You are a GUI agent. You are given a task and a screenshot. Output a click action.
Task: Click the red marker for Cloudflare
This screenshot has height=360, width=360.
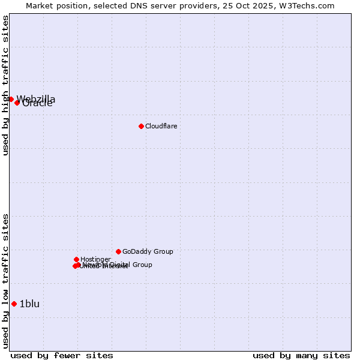141,126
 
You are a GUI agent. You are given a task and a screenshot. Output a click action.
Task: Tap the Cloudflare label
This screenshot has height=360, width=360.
161,126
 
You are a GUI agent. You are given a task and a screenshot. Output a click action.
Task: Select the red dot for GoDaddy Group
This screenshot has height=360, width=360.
118,251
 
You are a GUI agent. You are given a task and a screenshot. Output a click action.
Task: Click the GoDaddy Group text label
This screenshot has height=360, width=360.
148,251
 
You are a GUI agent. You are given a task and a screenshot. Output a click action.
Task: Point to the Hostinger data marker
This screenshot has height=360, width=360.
76,259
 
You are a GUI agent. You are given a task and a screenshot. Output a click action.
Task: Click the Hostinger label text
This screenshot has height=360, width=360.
95,259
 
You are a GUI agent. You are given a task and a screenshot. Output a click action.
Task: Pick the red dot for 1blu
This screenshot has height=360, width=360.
14,304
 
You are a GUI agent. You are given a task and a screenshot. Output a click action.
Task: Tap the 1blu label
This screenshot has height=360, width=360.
29,304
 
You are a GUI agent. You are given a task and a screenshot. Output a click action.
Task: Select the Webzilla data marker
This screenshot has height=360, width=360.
11,99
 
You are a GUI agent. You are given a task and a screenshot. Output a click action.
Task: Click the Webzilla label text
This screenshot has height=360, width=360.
36,99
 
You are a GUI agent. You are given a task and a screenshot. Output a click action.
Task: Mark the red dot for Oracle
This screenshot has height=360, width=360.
17,103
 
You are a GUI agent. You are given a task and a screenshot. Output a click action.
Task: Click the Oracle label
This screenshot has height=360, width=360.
37,104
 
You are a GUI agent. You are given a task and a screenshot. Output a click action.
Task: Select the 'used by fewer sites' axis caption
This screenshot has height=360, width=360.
62,355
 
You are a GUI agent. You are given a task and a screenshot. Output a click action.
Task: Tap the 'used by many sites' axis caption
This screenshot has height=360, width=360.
301,355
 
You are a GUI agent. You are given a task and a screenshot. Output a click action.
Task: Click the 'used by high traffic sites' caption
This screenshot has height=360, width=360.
6,85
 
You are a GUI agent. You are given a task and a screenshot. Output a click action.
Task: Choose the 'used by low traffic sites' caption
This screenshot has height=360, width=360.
6,281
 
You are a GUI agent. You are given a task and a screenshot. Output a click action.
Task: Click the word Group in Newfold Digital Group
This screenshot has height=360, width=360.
142,265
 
